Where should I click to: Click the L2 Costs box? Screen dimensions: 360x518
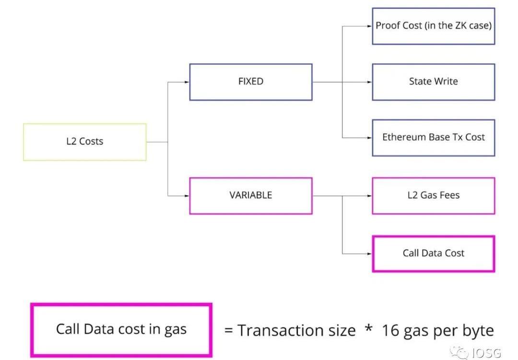[x=85, y=142]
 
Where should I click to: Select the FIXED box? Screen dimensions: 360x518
[x=251, y=82]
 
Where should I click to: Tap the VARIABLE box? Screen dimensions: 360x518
[x=251, y=195]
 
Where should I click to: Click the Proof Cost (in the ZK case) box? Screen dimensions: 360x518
[x=434, y=26]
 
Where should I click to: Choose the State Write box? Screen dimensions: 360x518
[x=434, y=82]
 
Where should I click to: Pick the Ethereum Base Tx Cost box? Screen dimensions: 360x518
[x=434, y=137]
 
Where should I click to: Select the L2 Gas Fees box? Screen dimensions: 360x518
[x=434, y=195]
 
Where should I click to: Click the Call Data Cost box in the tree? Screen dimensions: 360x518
[x=434, y=253]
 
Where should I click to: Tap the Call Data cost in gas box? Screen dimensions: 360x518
[x=121, y=329]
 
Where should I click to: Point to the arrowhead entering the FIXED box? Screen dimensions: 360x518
[x=187, y=82]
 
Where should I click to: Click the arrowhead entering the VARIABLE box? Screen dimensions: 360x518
[x=187, y=195]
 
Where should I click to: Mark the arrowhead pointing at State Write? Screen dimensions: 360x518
[x=369, y=82]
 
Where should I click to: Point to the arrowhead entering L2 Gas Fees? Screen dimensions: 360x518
[x=369, y=196]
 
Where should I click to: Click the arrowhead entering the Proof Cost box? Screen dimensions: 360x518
[x=369, y=26]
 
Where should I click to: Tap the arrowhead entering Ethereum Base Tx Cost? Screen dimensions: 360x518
[x=369, y=138]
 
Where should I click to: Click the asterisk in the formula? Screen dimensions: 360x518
[x=368, y=329]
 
